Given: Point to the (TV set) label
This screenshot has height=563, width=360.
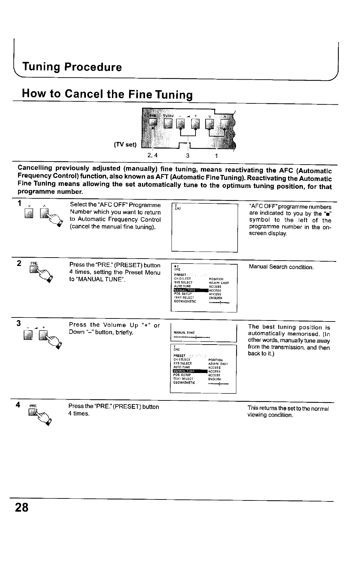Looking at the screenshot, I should point(125,145).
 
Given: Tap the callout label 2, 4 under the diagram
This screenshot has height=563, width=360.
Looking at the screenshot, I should point(152,155).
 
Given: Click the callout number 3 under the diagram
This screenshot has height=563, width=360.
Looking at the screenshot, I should point(188,156).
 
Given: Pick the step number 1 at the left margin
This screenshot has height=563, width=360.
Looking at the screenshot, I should point(20,203).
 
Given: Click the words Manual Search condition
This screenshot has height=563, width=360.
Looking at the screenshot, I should point(281,267).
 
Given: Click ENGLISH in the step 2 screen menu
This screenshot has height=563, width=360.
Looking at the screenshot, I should point(215,298).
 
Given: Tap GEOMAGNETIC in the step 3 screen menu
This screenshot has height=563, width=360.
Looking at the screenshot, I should point(184,383).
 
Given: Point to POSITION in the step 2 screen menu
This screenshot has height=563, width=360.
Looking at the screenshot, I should point(216,279).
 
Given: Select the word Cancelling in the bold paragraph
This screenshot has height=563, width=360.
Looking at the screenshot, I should point(35,168).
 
